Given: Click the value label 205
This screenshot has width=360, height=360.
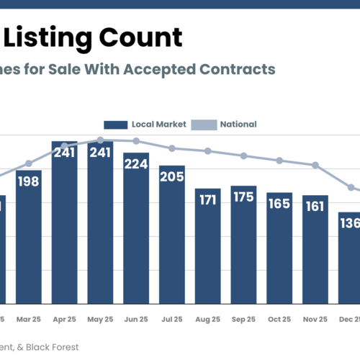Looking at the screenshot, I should (172, 178).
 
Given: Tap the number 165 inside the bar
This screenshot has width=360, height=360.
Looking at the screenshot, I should (279, 204).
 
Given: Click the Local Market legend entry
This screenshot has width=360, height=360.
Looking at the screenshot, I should (144, 125).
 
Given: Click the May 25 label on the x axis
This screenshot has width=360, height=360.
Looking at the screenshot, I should (100, 318).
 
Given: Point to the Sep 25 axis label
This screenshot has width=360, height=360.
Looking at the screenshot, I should (243, 318).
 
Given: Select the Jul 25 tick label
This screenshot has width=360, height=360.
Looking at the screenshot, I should (172, 318).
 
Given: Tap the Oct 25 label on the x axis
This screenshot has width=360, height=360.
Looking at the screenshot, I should (279, 318).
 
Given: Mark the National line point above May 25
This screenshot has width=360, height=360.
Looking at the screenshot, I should (100, 140).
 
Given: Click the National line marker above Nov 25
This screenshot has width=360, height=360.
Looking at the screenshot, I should (315, 166).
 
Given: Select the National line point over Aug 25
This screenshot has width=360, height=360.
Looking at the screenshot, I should (208, 151).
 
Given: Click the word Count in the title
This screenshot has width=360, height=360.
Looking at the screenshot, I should (136, 38).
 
